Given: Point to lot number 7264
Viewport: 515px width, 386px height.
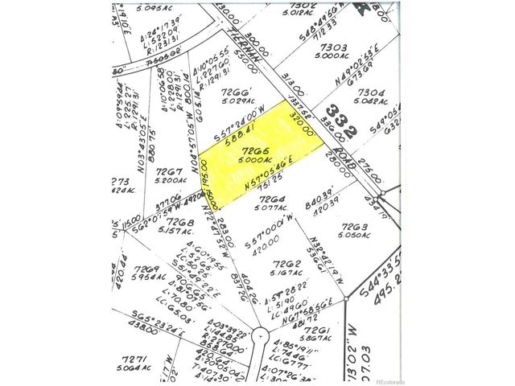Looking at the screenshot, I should coord(271,201).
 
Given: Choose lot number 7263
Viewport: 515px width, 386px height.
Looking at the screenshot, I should coord(354,228).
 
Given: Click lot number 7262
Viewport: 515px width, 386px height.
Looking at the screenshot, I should coord(287,264).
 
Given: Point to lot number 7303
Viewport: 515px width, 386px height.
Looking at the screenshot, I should coord(332,48).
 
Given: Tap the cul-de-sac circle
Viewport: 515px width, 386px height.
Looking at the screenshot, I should coord(261,333).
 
